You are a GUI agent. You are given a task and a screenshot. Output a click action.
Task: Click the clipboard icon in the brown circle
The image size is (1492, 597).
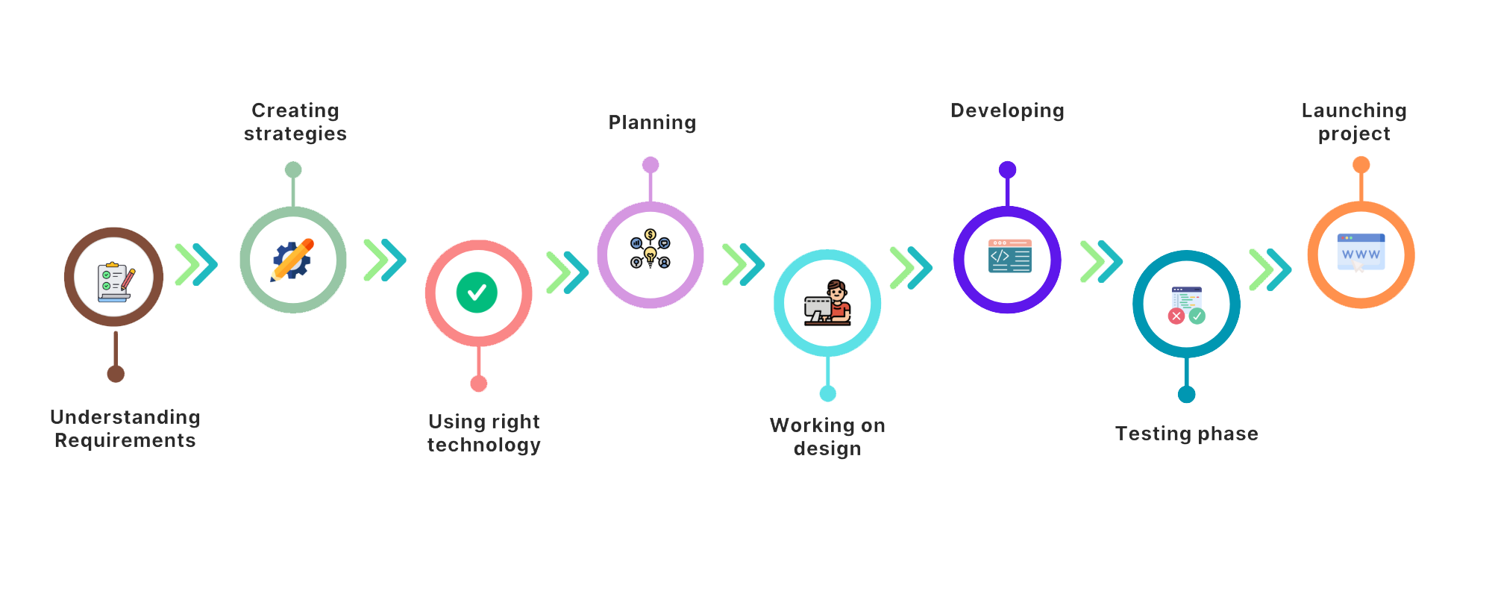pyautogui.click(x=114, y=281)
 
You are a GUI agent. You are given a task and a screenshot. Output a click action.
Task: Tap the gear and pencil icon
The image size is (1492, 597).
pyautogui.click(x=292, y=260)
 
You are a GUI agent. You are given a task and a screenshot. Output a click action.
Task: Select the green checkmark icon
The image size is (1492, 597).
pyautogui.click(x=477, y=293)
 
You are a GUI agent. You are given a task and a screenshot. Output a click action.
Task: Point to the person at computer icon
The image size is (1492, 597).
pyautogui.click(x=827, y=303)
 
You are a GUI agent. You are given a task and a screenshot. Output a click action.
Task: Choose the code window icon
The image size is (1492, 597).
pyautogui.click(x=1009, y=256)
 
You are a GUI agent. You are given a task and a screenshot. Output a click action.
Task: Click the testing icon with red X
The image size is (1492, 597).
pyautogui.click(x=1186, y=305)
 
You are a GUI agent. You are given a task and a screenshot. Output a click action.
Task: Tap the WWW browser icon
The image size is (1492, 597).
pyautogui.click(x=1361, y=252)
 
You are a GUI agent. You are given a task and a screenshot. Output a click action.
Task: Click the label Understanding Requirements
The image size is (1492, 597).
pyautogui.click(x=126, y=429)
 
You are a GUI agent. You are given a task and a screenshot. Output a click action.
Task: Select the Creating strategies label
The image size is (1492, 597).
pyautogui.click(x=295, y=122)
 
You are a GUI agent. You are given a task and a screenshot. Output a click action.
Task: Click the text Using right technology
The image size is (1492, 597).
pyautogui.click(x=483, y=434)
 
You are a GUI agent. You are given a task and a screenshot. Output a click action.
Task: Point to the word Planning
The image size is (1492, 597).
pyautogui.click(x=652, y=123)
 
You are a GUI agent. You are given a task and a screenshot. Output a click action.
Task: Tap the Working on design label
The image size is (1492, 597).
pyautogui.click(x=827, y=437)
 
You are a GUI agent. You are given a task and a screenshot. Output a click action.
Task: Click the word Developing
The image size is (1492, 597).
pyautogui.click(x=1007, y=112)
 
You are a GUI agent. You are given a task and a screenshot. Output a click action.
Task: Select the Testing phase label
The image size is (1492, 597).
pyautogui.click(x=1186, y=434)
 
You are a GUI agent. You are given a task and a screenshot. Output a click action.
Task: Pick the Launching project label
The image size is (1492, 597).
pyautogui.click(x=1354, y=122)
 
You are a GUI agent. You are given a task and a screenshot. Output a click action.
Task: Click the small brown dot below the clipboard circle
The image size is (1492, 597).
pyautogui.click(x=116, y=374)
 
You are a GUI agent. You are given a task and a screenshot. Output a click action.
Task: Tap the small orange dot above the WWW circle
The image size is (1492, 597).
pyautogui.click(x=1361, y=164)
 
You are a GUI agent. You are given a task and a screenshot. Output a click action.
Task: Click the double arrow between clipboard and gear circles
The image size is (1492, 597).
pyautogui.click(x=196, y=264)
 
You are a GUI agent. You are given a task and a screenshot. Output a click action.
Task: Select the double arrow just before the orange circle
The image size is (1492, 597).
pyautogui.click(x=1270, y=269)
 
